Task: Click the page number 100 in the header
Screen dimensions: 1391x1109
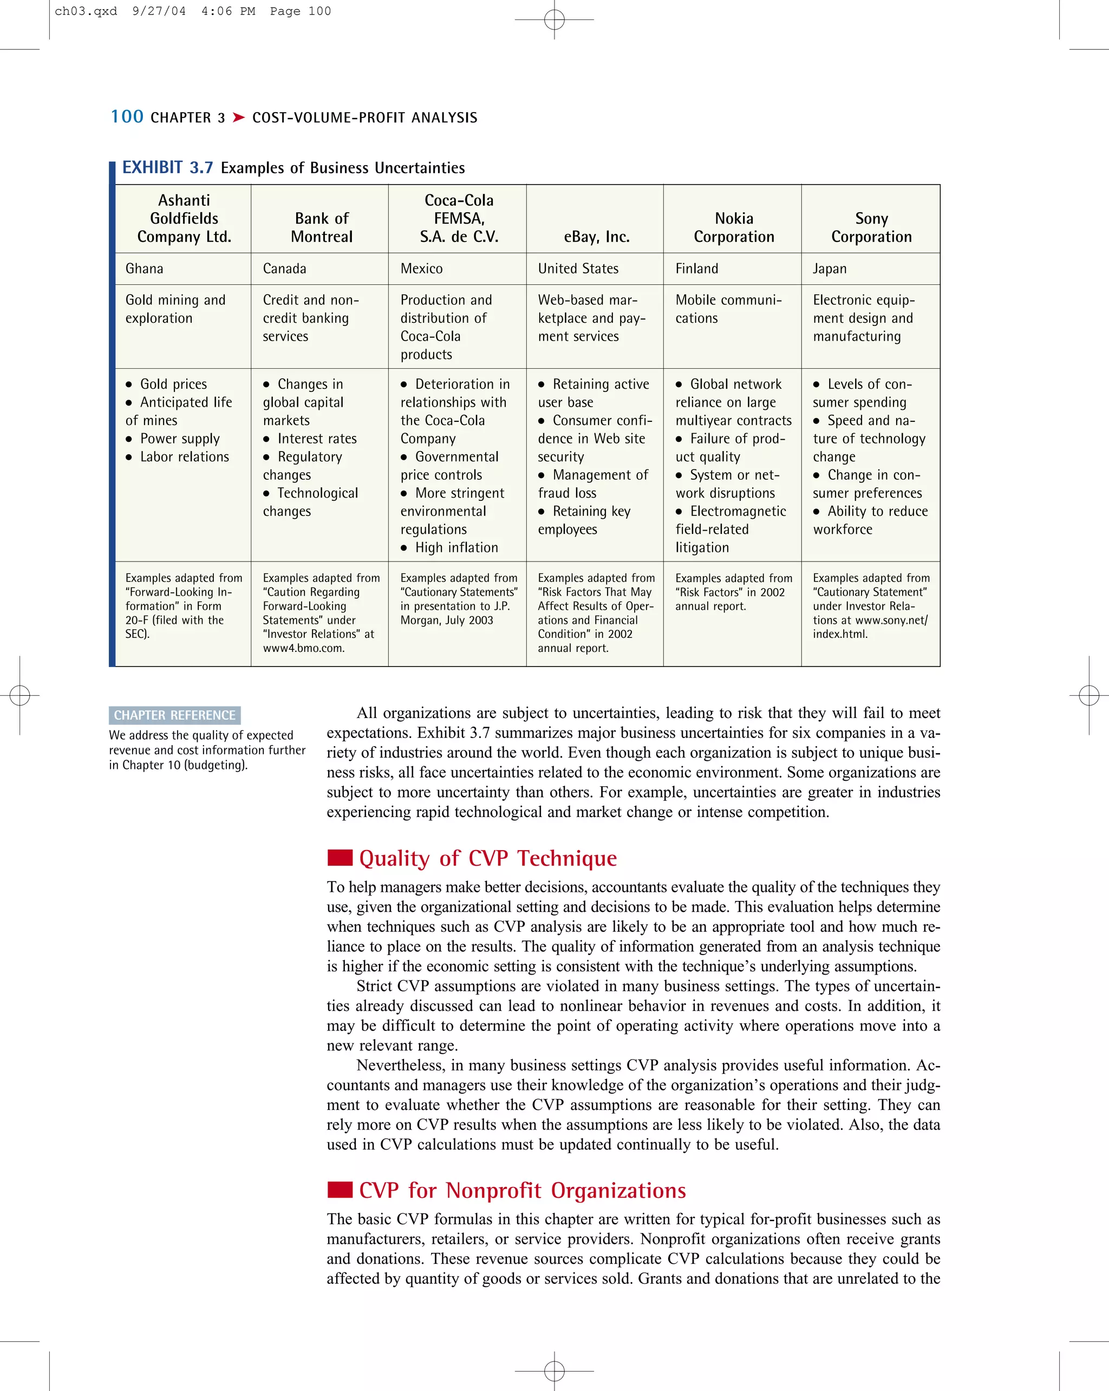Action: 127,117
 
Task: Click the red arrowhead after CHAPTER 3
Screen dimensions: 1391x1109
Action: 239,117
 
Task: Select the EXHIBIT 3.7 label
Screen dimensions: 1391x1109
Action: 168,168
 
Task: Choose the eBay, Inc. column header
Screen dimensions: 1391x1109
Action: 596,237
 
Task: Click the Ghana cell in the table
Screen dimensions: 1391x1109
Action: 145,269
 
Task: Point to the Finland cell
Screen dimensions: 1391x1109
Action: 696,269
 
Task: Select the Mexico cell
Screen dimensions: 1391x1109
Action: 421,269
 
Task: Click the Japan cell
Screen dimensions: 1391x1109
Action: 829,269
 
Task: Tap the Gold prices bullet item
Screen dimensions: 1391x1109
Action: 173,384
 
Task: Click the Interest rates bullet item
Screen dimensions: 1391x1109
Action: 317,439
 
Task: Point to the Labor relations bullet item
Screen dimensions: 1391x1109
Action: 185,457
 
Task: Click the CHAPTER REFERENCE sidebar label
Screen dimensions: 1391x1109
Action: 175,715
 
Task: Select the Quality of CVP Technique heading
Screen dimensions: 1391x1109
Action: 488,858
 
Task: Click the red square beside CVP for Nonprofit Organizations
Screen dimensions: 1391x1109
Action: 340,1189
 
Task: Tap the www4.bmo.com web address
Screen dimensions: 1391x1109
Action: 303,648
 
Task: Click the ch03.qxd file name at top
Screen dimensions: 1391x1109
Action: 86,11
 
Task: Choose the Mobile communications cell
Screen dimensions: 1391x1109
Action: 728,309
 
